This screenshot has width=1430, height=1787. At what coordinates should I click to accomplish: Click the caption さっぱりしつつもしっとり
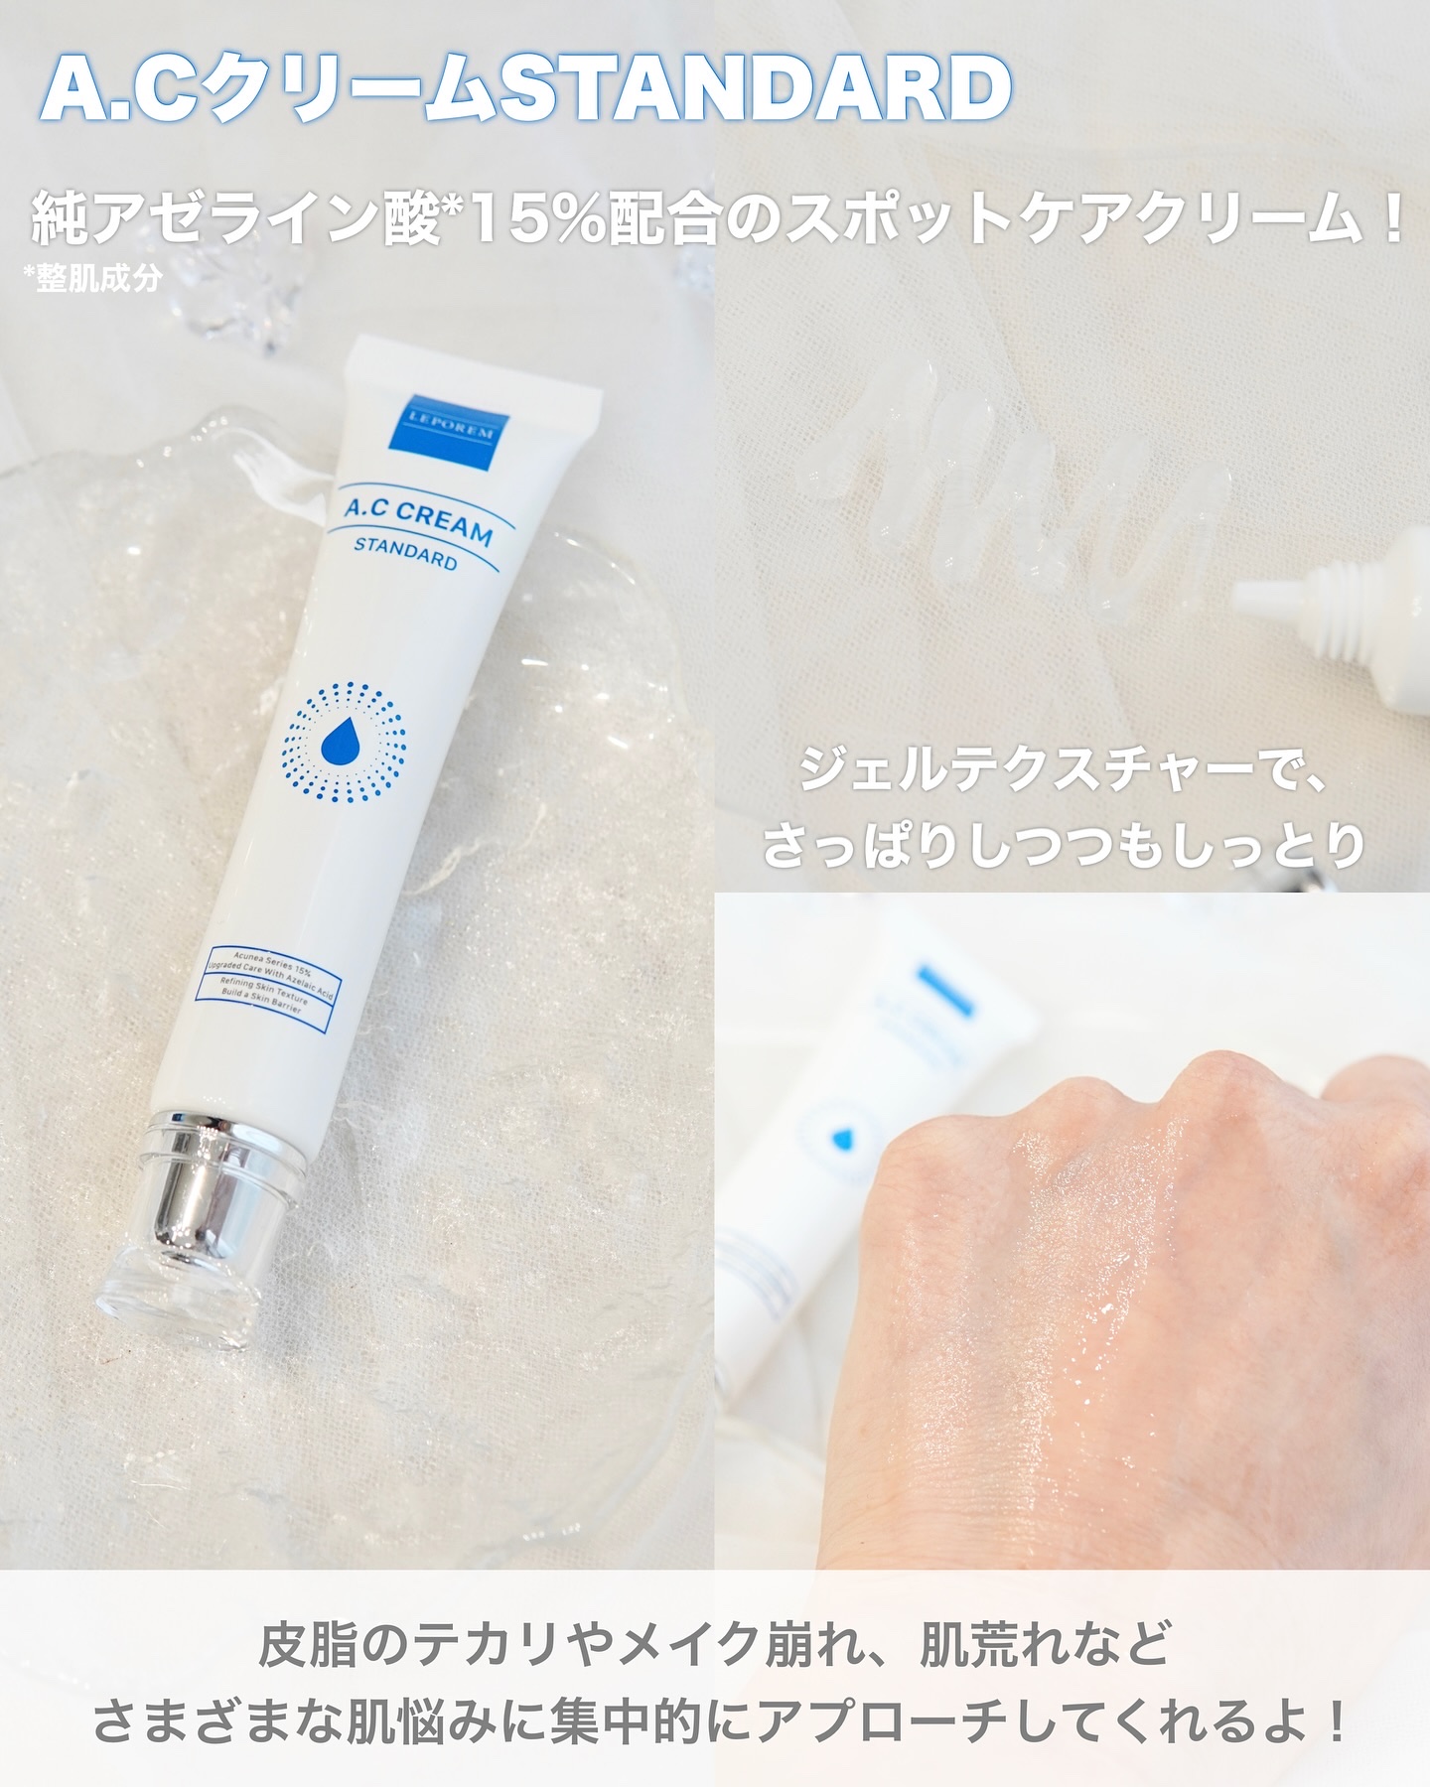pyautogui.click(x=1063, y=846)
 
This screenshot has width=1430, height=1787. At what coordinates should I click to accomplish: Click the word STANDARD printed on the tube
pyautogui.click(x=406, y=552)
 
